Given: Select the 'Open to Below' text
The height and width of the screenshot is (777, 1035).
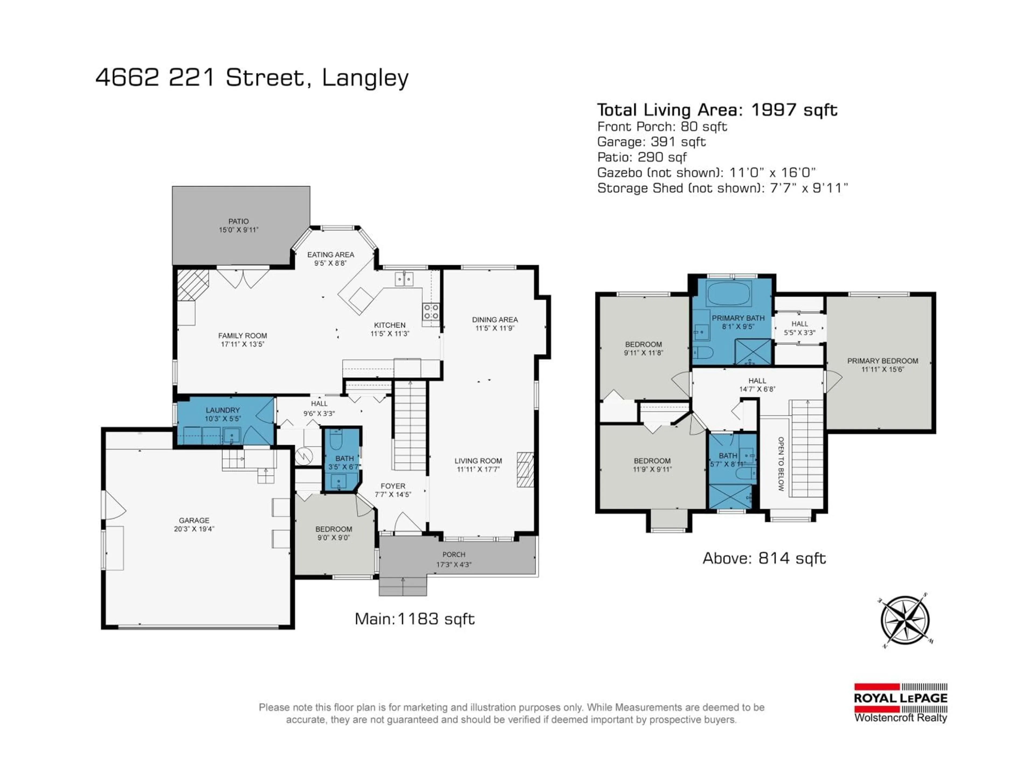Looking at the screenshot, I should (781, 464).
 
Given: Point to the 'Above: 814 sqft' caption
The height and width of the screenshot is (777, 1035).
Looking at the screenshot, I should (764, 558).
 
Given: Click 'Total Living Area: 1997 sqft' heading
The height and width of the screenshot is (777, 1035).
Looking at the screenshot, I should (717, 110).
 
